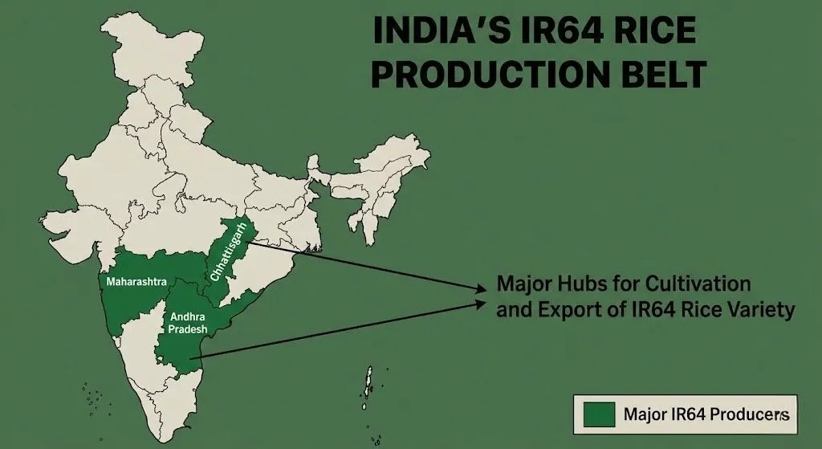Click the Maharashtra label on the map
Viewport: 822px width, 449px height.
(133, 282)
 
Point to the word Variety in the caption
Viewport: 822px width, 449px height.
(761, 310)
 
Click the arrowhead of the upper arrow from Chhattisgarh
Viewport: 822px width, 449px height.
(483, 287)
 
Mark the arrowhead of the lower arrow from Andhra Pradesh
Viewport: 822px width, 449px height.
(483, 304)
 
